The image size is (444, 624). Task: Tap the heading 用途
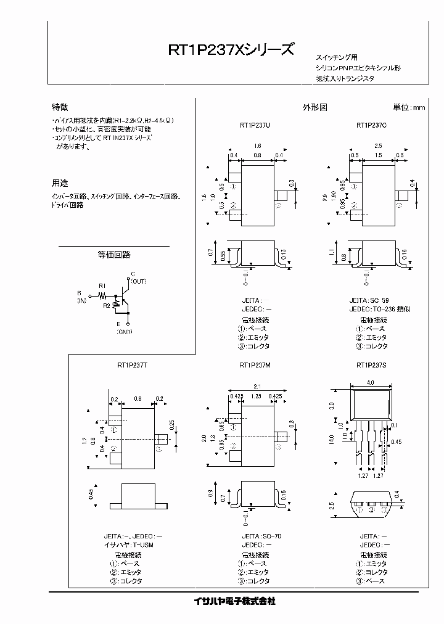tap(60, 183)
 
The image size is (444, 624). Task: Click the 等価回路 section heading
tap(114, 254)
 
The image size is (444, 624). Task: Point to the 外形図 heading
tap(314, 107)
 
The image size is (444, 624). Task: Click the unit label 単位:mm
tap(409, 107)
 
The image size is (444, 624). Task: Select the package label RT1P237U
tap(255, 125)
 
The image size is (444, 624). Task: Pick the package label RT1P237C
tap(371, 125)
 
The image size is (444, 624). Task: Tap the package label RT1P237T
tap(132, 365)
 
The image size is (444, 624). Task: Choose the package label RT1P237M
tap(255, 365)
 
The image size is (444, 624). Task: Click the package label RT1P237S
tap(371, 365)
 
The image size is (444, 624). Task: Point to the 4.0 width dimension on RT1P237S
tap(371, 383)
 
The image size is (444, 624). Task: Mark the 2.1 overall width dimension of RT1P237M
tap(255, 385)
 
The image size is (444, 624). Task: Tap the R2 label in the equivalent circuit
tap(107, 305)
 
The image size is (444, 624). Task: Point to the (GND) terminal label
tap(125, 332)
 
